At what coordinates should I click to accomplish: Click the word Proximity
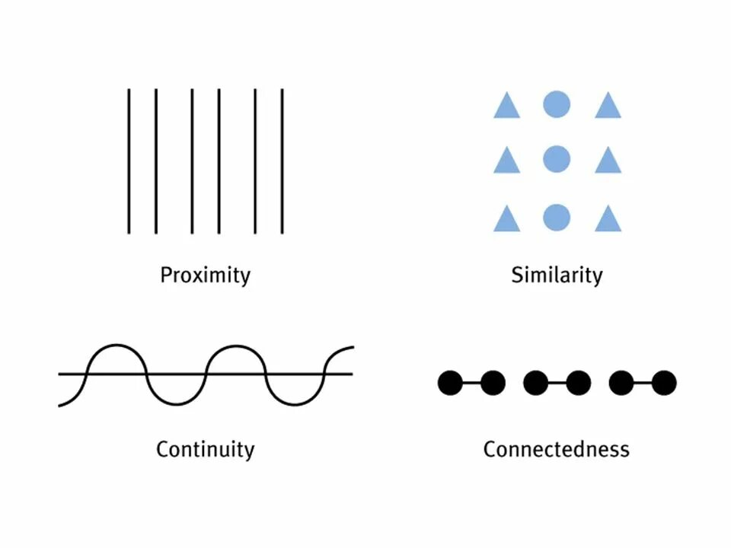click(x=205, y=275)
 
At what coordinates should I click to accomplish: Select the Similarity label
click(x=556, y=275)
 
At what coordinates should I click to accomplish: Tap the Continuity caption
click(x=205, y=449)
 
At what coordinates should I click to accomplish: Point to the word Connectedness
click(x=556, y=449)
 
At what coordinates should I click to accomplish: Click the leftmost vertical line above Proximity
click(x=129, y=161)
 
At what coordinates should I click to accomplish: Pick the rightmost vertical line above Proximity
click(x=283, y=161)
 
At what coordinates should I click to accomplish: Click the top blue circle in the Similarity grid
click(x=557, y=104)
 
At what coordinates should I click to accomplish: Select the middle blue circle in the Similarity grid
click(x=557, y=159)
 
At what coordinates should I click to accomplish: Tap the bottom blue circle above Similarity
click(x=557, y=218)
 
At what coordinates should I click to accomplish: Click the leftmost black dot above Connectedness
click(x=450, y=383)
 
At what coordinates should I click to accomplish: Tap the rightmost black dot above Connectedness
click(x=664, y=383)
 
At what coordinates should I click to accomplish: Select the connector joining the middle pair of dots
click(x=557, y=383)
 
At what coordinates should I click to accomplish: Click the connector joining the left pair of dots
click(x=471, y=383)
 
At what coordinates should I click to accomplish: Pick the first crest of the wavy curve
click(x=116, y=346)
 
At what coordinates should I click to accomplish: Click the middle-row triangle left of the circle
click(x=506, y=162)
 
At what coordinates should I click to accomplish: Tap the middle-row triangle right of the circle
click(x=608, y=162)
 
